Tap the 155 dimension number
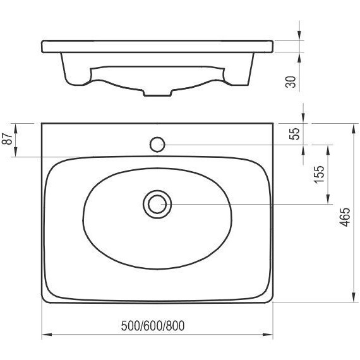point(319,174)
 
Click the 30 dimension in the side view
point(291,81)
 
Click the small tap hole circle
point(157,145)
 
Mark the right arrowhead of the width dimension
point(270,336)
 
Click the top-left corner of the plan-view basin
point(42,123)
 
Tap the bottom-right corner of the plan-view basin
point(273,302)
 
